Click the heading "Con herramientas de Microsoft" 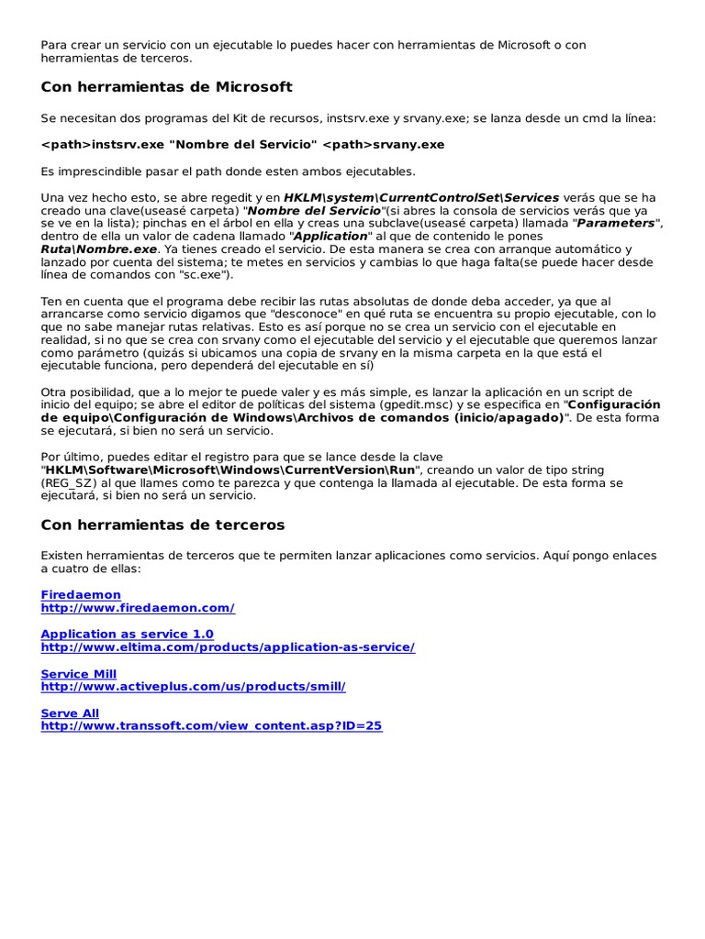166,87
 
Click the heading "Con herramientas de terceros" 162,525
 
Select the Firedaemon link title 81,595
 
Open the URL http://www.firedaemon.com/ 138,608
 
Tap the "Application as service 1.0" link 127,635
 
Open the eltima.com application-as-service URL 228,647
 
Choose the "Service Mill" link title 79,674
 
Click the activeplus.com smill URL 193,687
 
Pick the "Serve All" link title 70,713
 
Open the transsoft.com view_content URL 211,726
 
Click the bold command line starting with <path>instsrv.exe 242,145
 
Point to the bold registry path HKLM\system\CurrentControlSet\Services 421,197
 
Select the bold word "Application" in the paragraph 330,237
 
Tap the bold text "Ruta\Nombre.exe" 99,249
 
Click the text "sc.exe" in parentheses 204,275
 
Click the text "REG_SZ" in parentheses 72,482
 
